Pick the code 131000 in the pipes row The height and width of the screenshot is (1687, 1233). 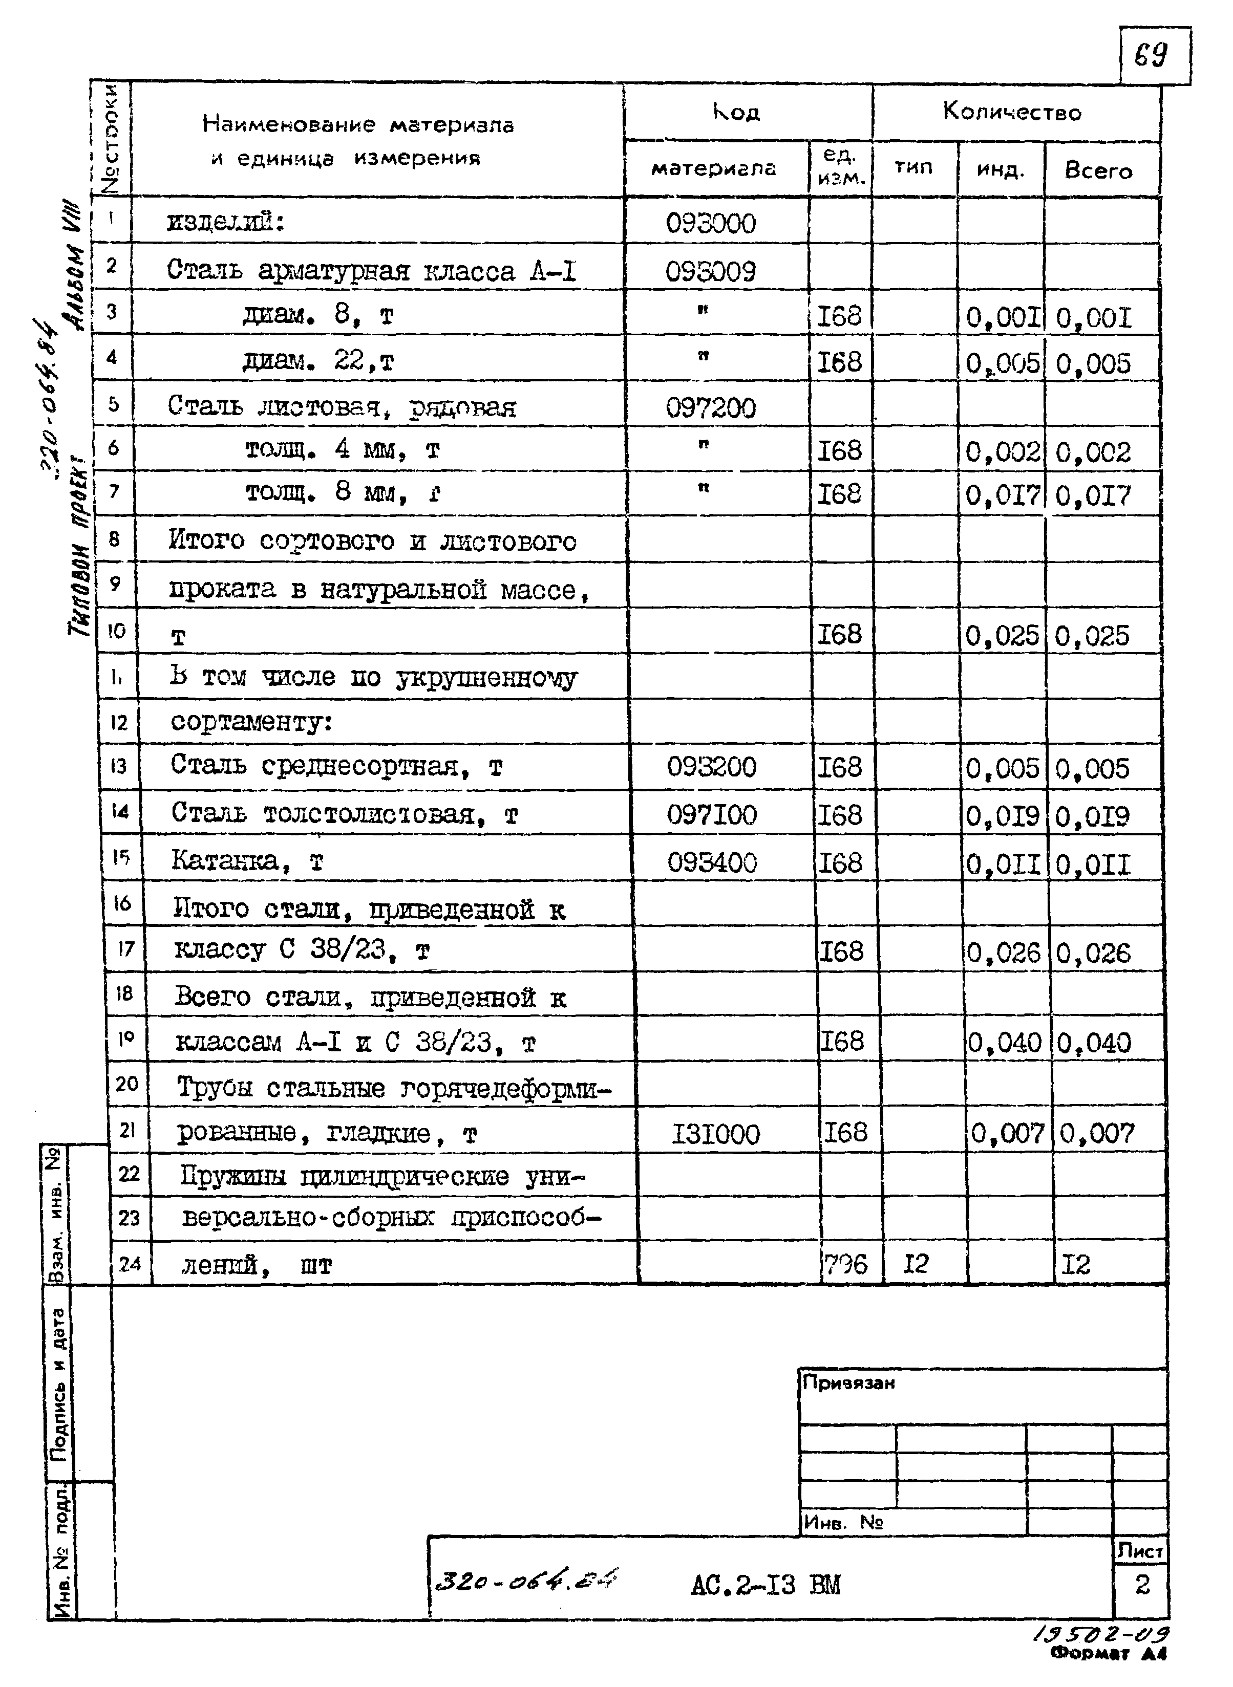[715, 1135]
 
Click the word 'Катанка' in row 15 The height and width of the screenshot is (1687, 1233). [225, 860]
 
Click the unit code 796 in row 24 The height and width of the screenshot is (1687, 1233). [845, 1264]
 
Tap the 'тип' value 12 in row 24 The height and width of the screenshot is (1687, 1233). [916, 1264]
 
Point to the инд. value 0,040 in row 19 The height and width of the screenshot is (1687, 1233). [1004, 1042]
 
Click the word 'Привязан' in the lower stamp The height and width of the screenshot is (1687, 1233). [848, 1382]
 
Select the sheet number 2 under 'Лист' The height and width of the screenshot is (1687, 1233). [1142, 1584]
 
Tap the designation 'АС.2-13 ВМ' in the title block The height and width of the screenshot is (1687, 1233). [765, 1585]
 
